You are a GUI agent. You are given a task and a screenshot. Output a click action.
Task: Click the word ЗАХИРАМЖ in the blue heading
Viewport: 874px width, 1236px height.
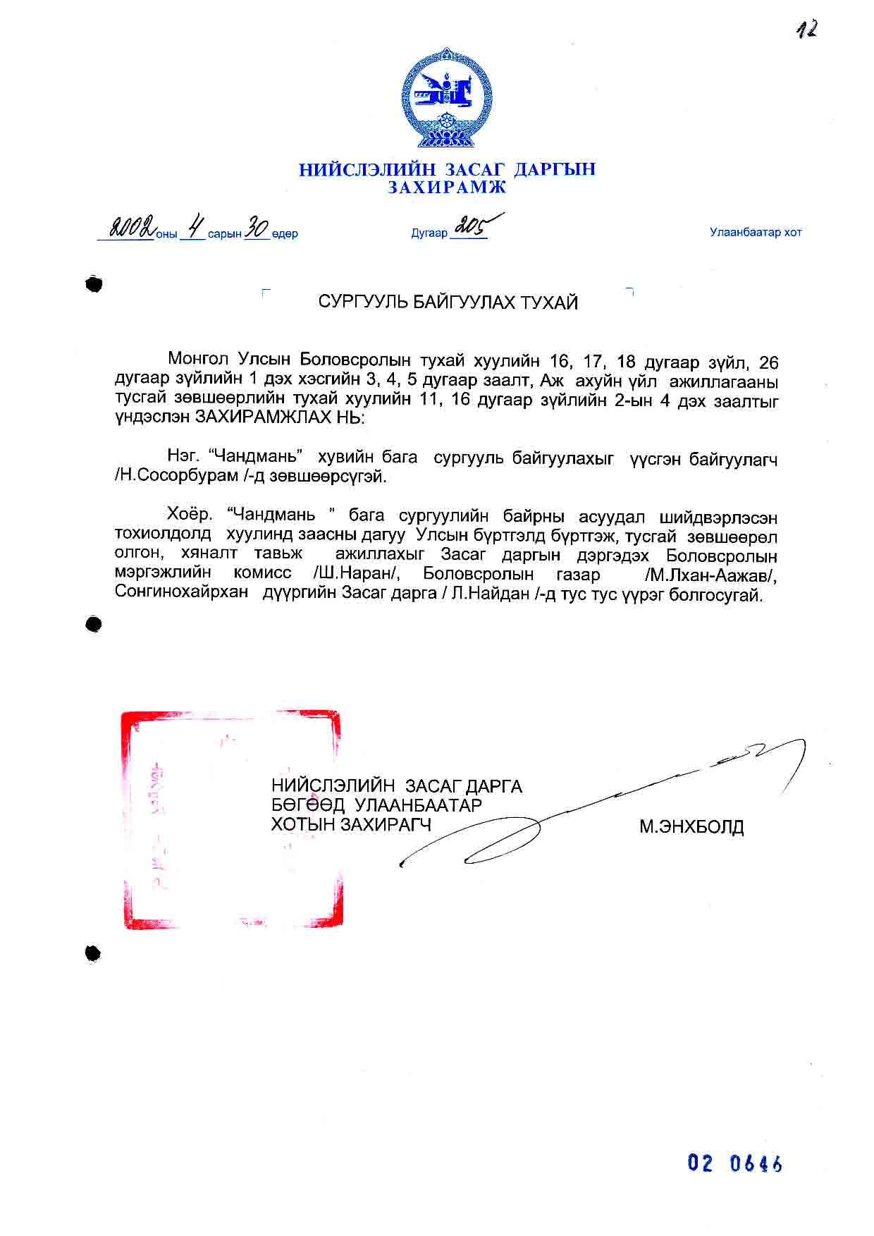(447, 188)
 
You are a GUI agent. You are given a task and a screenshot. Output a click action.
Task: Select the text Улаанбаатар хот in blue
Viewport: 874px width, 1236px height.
(756, 232)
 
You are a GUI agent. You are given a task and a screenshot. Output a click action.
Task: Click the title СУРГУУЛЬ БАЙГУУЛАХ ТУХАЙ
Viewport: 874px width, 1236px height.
(448, 302)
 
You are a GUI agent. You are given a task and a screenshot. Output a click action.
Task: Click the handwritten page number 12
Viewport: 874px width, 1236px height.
(807, 30)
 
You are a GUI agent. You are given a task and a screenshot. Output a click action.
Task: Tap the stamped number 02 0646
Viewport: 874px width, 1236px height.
(734, 1163)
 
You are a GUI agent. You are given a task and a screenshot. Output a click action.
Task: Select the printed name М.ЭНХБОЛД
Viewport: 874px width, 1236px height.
(691, 826)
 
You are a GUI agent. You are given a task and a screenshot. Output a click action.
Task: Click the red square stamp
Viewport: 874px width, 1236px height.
(231, 819)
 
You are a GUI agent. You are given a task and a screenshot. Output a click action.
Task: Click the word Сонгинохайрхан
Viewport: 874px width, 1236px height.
(182, 592)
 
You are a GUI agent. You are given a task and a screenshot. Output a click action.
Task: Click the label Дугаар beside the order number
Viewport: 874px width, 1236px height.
(429, 233)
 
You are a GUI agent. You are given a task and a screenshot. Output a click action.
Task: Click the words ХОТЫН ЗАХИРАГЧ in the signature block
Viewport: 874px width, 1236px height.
(350, 824)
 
